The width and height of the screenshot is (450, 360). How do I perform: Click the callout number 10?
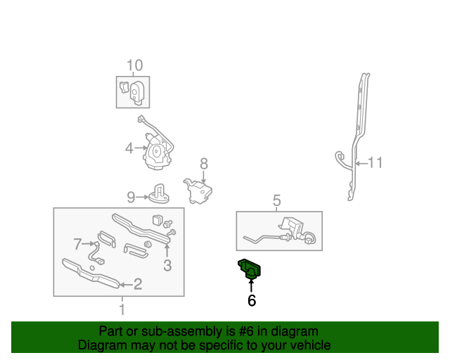(x=134, y=65)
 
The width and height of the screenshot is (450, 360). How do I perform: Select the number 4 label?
(x=129, y=148)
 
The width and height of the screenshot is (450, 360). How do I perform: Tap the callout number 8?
(x=204, y=164)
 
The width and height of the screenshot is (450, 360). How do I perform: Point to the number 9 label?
(x=131, y=196)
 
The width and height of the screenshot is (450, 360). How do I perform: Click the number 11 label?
(x=375, y=163)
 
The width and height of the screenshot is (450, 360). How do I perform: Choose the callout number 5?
(x=276, y=201)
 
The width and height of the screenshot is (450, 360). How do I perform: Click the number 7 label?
(x=77, y=244)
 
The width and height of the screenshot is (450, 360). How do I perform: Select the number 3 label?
(x=167, y=265)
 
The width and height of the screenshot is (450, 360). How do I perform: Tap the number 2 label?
(x=138, y=284)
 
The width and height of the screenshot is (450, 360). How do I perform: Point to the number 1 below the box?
(x=122, y=308)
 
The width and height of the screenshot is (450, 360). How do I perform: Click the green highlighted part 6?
(x=250, y=268)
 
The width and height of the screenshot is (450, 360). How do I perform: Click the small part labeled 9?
(x=159, y=193)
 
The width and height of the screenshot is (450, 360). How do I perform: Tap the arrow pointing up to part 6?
(x=251, y=285)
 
